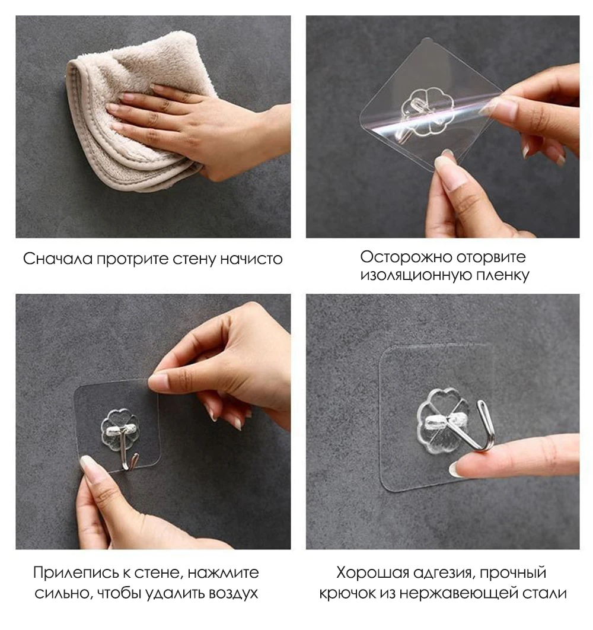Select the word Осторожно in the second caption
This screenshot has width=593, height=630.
point(405,257)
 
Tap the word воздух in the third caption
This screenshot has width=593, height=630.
point(234,593)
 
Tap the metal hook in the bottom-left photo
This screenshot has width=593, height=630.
point(129,448)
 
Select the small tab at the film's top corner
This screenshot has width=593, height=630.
point(428,40)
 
